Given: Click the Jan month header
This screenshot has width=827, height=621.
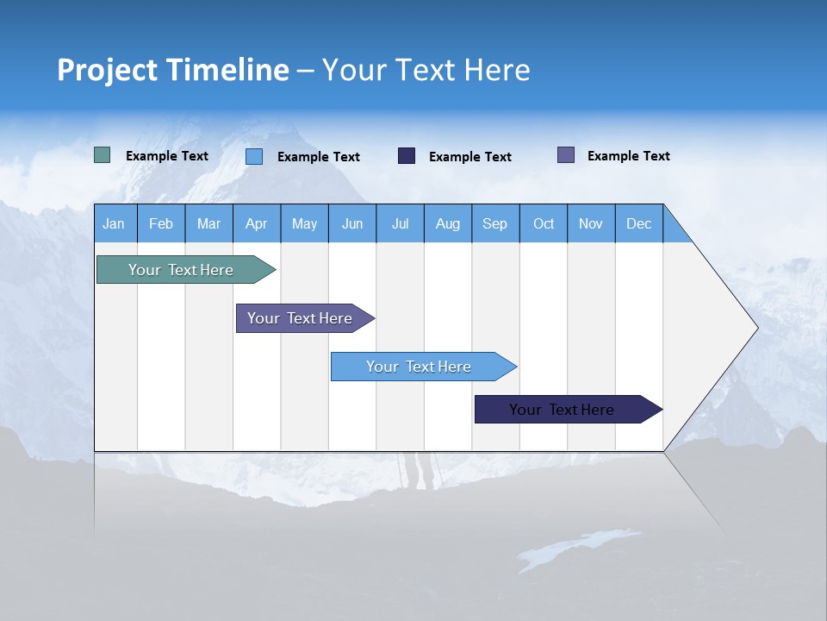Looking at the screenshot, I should (x=114, y=223).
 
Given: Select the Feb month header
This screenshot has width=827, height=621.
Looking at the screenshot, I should (x=161, y=223).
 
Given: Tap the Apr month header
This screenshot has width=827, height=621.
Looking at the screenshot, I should (x=256, y=223).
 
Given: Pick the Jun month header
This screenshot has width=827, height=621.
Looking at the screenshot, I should (x=352, y=223).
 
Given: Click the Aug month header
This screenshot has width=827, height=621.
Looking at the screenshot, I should (x=447, y=223).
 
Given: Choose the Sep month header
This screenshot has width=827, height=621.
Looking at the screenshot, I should (x=494, y=223).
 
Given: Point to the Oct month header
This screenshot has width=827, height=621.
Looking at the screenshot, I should (x=544, y=223).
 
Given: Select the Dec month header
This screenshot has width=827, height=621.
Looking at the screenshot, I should (x=638, y=223).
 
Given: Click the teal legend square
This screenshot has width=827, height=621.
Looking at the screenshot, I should (x=103, y=155).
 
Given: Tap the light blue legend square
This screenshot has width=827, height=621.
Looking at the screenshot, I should (x=254, y=156).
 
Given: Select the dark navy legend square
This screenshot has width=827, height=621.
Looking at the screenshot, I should (x=407, y=156).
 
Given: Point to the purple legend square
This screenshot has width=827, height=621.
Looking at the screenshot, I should (x=566, y=155).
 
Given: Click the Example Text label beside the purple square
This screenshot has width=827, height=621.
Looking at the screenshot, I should (x=628, y=156).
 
